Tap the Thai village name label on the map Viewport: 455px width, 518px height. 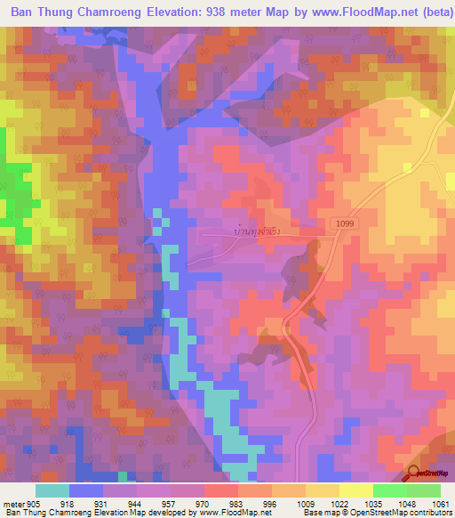(x=258, y=231)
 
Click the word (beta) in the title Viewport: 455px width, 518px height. (x=428, y=12)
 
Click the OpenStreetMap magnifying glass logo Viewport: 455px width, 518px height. (x=413, y=474)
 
